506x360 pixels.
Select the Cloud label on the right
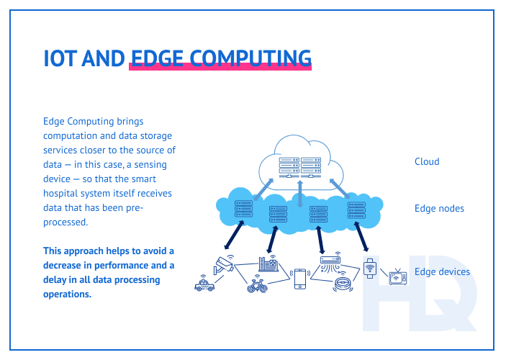(x=427, y=161)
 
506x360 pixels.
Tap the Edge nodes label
(x=439, y=209)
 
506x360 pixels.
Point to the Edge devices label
(x=442, y=271)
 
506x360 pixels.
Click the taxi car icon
(x=204, y=286)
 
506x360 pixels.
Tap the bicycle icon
(x=258, y=286)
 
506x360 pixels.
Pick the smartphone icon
(x=300, y=279)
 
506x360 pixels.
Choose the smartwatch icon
(x=370, y=269)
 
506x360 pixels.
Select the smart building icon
(x=268, y=264)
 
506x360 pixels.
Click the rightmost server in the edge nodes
(x=356, y=210)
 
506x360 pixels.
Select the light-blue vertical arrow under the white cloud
(x=300, y=194)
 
